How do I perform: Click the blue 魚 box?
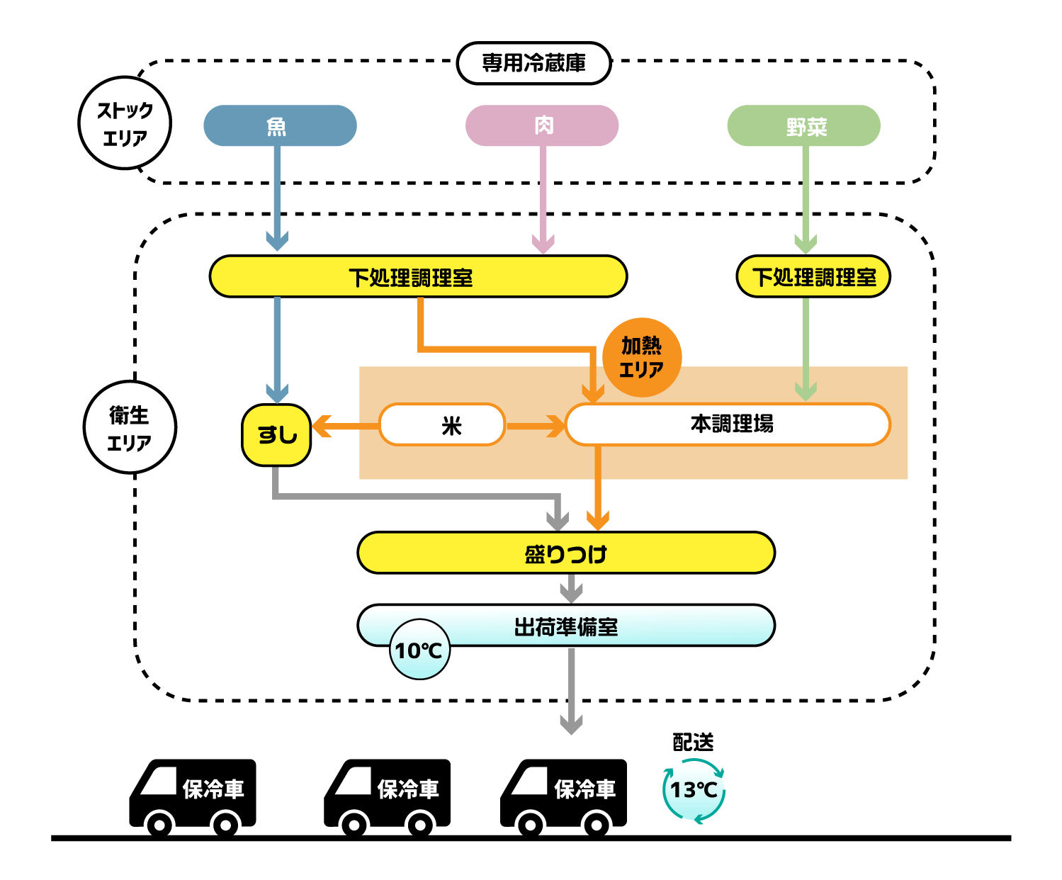click(280, 126)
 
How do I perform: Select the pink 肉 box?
click(542, 126)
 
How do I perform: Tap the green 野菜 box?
click(804, 126)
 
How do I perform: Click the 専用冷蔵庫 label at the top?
click(534, 63)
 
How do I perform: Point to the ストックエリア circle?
click(125, 123)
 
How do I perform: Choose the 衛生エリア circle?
click(130, 427)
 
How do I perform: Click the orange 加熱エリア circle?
click(642, 357)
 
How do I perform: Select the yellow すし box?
click(276, 434)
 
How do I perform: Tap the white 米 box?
click(442, 425)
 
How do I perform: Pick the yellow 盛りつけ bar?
click(566, 553)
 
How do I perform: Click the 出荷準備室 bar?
click(566, 626)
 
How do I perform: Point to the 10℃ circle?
click(419, 650)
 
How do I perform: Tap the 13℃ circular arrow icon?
click(694, 789)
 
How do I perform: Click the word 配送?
click(693, 742)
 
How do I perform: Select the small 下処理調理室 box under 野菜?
click(813, 276)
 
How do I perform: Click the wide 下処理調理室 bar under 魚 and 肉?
click(418, 276)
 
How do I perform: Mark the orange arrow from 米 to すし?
click(344, 427)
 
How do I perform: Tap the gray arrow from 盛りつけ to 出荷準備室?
click(571, 588)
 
